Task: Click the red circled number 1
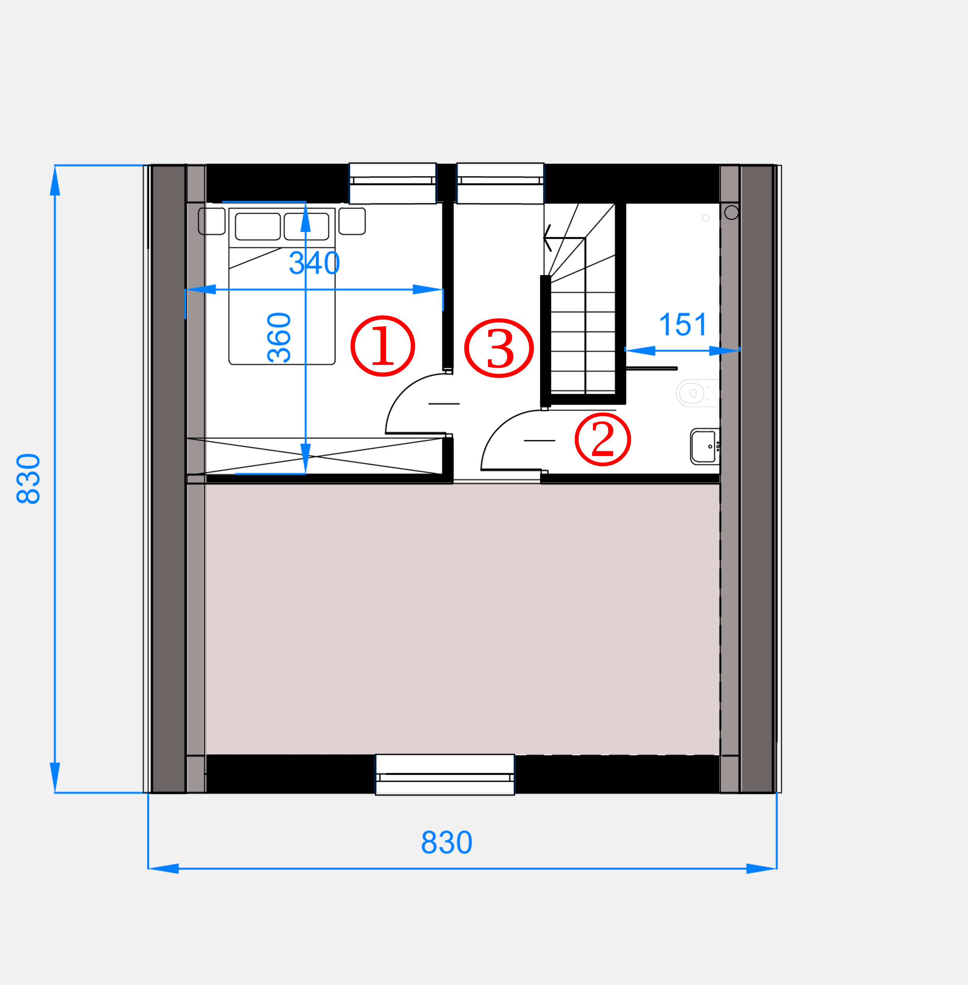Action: click(383, 346)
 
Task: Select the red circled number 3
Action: click(499, 348)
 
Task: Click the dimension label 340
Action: click(314, 263)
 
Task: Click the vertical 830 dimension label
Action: click(29, 479)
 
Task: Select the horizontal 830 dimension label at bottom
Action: click(447, 843)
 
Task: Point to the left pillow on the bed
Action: click(258, 226)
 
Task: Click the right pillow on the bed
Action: click(306, 226)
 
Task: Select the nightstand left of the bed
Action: click(212, 221)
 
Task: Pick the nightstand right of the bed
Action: click(352, 221)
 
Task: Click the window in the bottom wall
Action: click(445, 775)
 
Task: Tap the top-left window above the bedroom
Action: click(393, 183)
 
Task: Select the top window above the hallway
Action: click(500, 183)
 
